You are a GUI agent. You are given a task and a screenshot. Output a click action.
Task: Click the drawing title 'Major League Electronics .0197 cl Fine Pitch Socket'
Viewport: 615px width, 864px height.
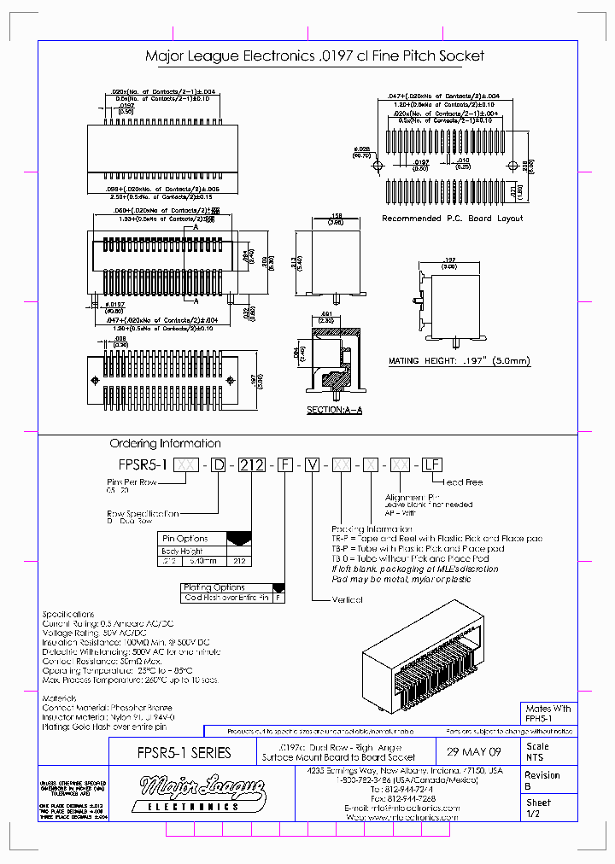(314, 56)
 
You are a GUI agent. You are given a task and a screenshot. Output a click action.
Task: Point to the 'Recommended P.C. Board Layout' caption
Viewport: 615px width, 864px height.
(452, 219)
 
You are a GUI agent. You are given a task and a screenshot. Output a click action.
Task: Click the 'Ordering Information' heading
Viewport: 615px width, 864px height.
(165, 444)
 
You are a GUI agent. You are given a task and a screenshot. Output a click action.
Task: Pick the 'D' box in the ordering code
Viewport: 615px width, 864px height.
(219, 465)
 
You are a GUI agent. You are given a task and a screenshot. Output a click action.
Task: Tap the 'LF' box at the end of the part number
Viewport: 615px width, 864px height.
(433, 465)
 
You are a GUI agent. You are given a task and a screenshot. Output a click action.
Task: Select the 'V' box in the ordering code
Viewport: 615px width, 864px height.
(313, 465)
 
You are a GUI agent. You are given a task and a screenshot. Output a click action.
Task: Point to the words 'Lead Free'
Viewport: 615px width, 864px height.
(461, 482)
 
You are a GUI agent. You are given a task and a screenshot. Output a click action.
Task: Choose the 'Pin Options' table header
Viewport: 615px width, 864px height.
(185, 539)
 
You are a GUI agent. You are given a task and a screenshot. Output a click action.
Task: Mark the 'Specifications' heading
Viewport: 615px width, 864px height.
(69, 614)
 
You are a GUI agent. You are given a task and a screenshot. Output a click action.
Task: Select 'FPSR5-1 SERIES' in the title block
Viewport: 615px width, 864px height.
(184, 753)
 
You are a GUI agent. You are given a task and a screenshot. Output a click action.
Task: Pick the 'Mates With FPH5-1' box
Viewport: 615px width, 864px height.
(548, 715)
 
